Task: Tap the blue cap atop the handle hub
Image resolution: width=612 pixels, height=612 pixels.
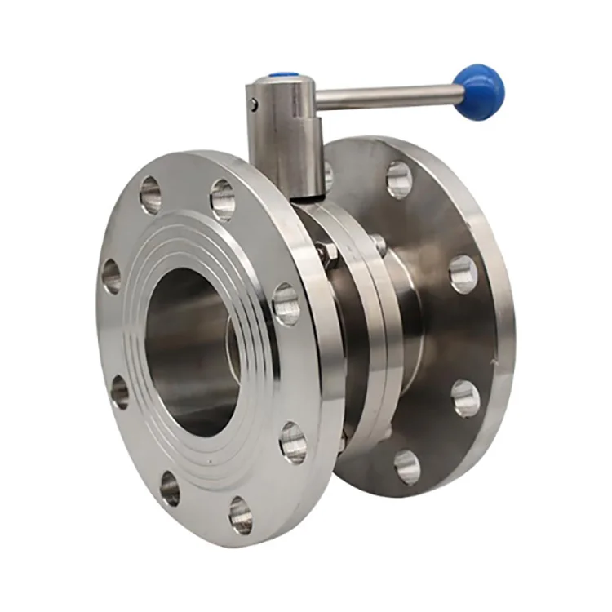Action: pyautogui.click(x=282, y=77)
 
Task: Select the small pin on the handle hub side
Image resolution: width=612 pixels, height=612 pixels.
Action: pyautogui.click(x=255, y=104)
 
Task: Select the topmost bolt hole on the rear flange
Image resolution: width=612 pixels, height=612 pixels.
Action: pyautogui.click(x=399, y=179)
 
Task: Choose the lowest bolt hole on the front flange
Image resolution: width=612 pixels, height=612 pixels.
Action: pyautogui.click(x=241, y=515)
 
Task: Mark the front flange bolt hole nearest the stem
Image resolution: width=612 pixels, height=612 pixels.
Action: pyautogui.click(x=223, y=199)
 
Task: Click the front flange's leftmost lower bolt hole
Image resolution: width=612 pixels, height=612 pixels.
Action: pyautogui.click(x=120, y=392)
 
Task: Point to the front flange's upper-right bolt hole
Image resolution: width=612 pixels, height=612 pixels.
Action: pyautogui.click(x=286, y=304)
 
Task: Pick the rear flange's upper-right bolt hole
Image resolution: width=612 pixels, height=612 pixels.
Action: pyautogui.click(x=463, y=274)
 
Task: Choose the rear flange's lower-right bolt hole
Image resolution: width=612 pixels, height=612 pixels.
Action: pyautogui.click(x=465, y=397)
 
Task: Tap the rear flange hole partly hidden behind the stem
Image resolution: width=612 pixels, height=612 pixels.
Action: pyautogui.click(x=329, y=175)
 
